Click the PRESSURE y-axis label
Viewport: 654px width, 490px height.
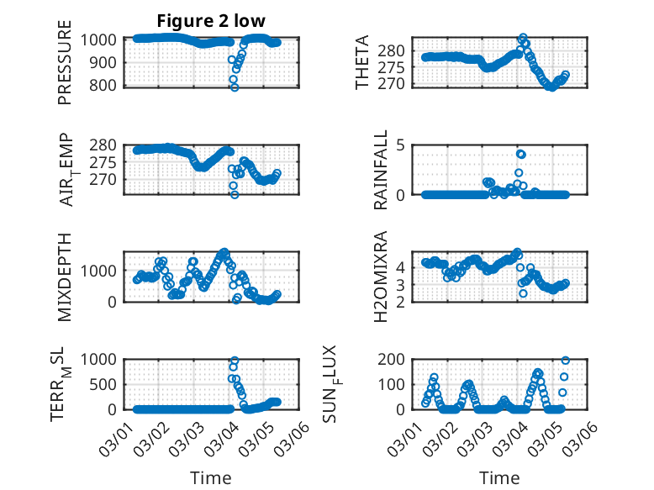pyautogui.click(x=65, y=69)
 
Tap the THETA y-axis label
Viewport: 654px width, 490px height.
pyautogui.click(x=362, y=63)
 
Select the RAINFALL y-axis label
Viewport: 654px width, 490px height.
pyautogui.click(x=382, y=170)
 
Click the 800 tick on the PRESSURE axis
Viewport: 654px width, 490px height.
pyautogui.click(x=108, y=85)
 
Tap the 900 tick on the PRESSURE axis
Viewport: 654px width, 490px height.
pyautogui.click(x=108, y=62)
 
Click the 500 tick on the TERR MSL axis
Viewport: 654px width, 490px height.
pyautogui.click(x=108, y=384)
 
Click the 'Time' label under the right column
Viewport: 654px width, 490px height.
pyautogui.click(x=499, y=477)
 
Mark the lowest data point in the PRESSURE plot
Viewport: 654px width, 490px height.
pyautogui.click(x=235, y=87)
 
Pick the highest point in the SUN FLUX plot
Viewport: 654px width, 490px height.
pyautogui.click(x=565, y=361)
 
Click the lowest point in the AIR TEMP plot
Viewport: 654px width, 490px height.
pyautogui.click(x=235, y=194)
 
